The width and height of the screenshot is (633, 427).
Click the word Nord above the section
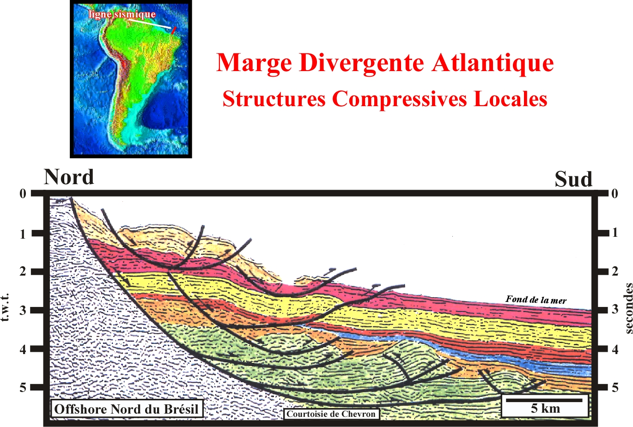[69, 177]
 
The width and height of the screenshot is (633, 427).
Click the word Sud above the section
[573, 179]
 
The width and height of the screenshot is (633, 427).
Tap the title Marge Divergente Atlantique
[385, 63]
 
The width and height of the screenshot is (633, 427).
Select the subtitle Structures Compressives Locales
[385, 99]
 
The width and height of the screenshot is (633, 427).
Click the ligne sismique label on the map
[122, 14]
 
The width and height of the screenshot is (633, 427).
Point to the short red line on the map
[174, 30]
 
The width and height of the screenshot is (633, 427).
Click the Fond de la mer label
[536, 300]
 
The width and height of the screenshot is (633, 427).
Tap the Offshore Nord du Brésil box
[127, 409]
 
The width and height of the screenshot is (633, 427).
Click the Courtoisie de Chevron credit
[331, 414]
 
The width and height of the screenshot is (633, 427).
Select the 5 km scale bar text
[545, 409]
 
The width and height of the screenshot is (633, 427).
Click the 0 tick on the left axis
[23, 194]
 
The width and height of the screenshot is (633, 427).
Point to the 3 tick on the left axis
[23, 310]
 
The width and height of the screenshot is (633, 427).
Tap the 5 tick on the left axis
[23, 387]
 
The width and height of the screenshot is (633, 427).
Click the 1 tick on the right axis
[615, 233]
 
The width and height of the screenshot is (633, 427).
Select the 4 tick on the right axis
[615, 349]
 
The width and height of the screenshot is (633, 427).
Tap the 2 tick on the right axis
[615, 271]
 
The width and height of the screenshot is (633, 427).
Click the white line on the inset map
[149, 24]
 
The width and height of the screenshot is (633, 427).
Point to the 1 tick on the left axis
[23, 234]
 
